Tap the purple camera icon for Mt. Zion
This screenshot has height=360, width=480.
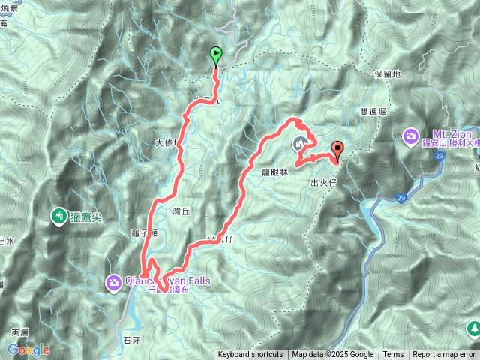click(411, 136)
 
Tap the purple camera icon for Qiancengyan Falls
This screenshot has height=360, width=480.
click(114, 282)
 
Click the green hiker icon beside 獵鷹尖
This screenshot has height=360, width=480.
click(58, 217)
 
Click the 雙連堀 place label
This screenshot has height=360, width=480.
click(373, 111)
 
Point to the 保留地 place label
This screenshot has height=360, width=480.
click(387, 75)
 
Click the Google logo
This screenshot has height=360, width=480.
click(28, 349)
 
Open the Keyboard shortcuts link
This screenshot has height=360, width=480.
click(250, 355)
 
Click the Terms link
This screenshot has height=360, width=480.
click(393, 355)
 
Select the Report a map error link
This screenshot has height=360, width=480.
click(444, 355)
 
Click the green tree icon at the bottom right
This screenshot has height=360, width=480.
click(474, 328)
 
